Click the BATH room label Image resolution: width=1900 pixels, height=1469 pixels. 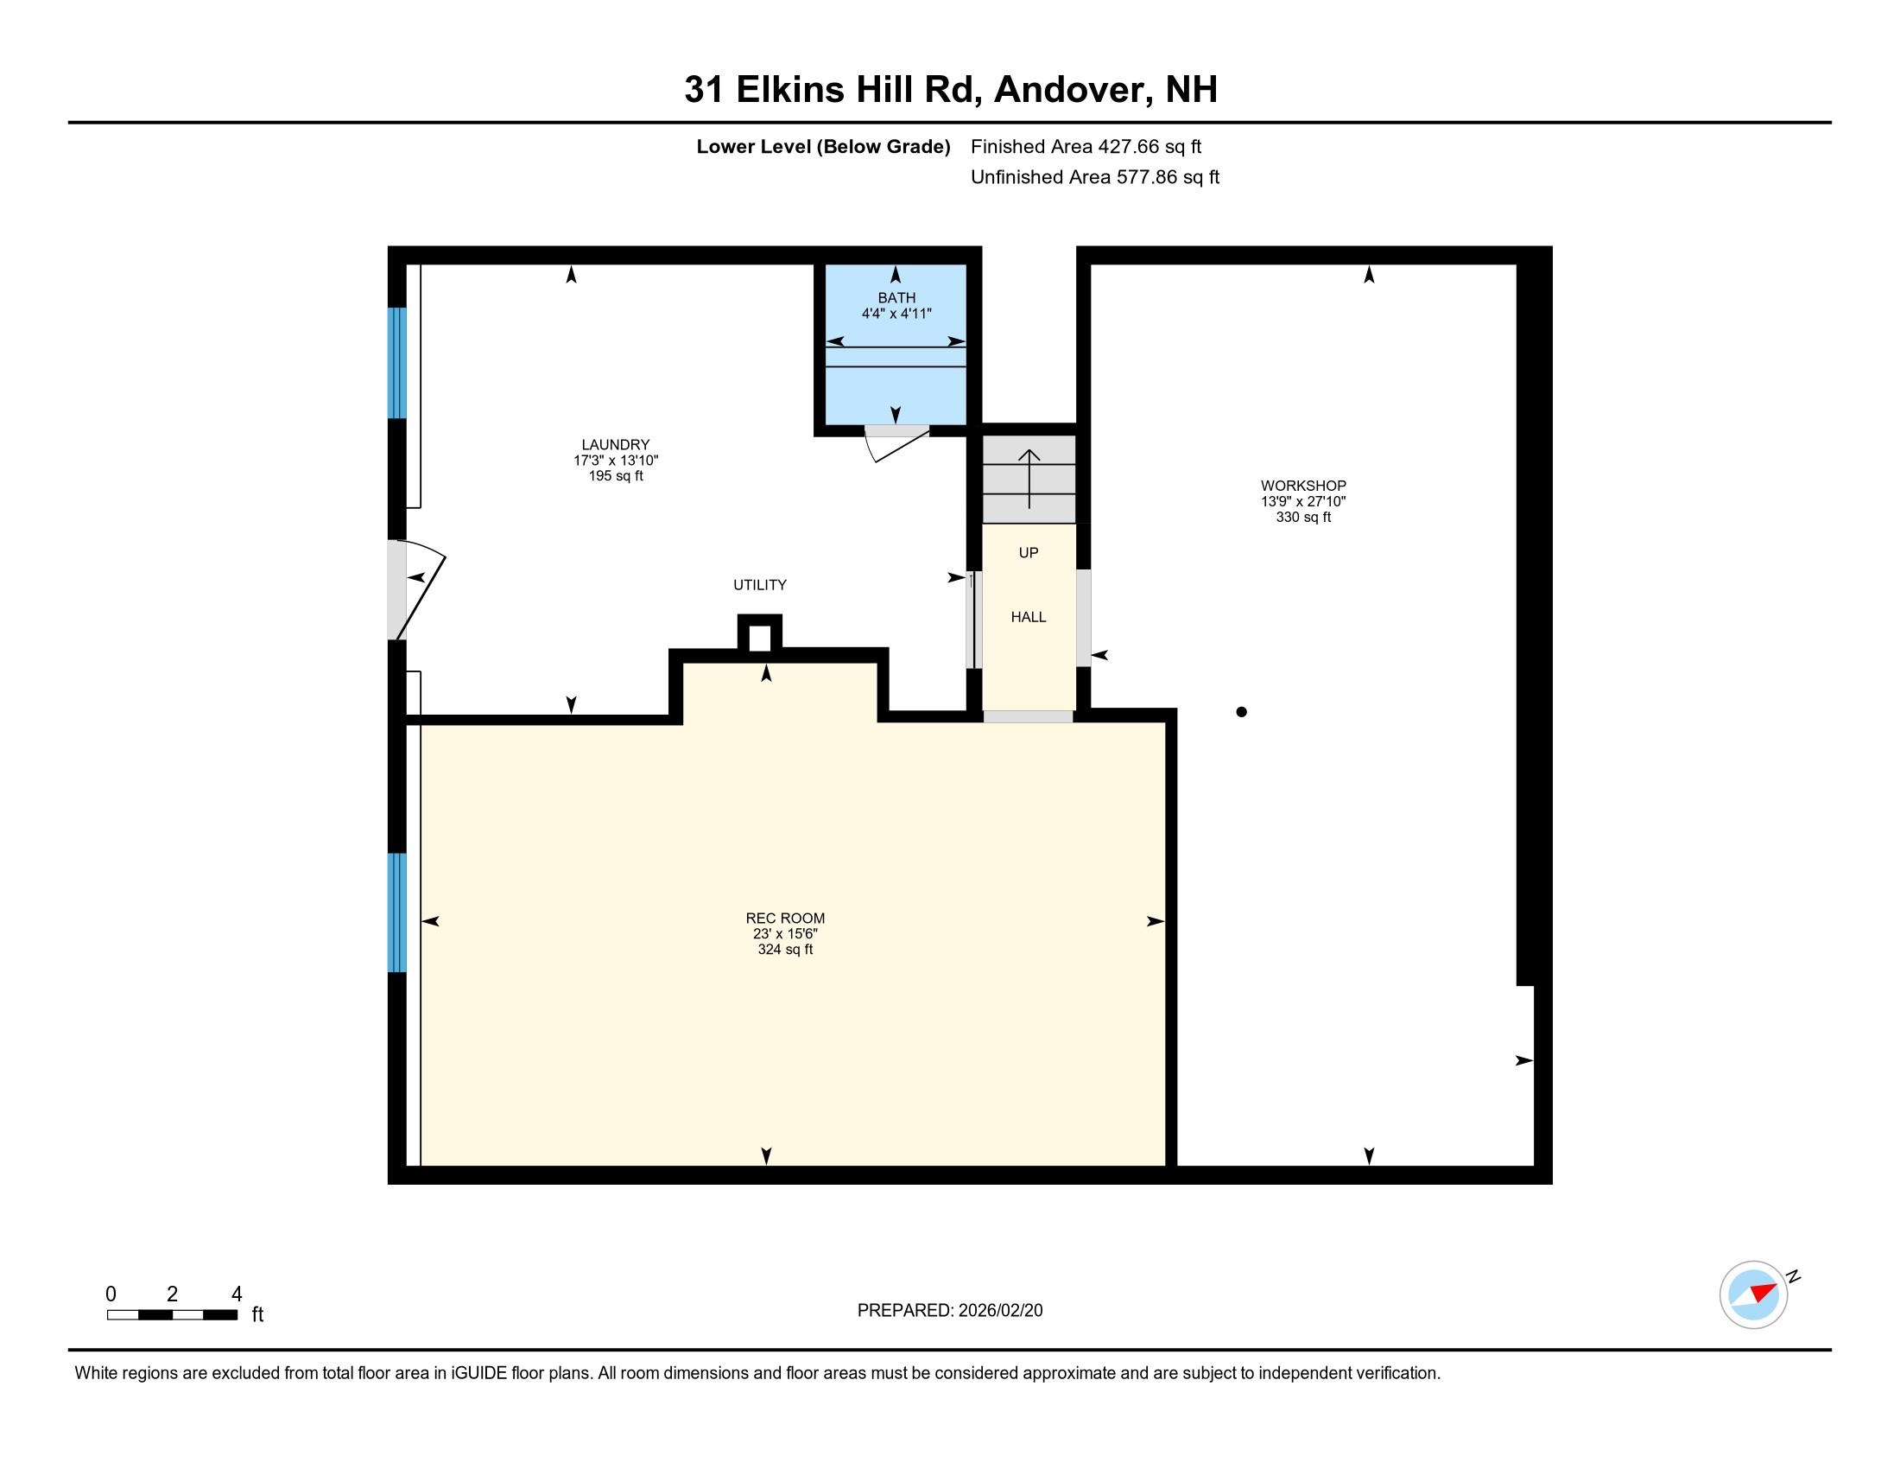tap(896, 297)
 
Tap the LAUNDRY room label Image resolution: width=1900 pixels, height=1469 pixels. tap(615, 444)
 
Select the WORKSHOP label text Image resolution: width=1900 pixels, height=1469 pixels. tap(1303, 486)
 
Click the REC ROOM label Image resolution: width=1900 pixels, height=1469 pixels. tap(785, 918)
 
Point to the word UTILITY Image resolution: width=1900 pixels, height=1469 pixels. tap(759, 585)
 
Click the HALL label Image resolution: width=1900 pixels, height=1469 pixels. tap(1028, 617)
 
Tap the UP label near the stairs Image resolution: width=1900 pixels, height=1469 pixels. tap(1029, 553)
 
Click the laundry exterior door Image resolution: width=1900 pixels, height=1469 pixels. tap(416, 590)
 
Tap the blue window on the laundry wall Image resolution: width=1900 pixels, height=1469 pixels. tap(396, 363)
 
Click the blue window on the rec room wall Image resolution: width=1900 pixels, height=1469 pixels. tap(396, 912)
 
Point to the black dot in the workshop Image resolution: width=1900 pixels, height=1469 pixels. tap(1241, 712)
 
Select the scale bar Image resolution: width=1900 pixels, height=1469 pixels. tap(172, 1314)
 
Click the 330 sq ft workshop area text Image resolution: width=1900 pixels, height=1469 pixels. tap(1303, 517)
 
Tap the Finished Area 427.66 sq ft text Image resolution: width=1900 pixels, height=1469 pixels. tap(1086, 146)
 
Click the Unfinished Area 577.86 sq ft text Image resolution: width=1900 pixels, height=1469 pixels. tap(1094, 176)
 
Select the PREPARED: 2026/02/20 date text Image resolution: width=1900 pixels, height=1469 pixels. tap(949, 1310)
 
